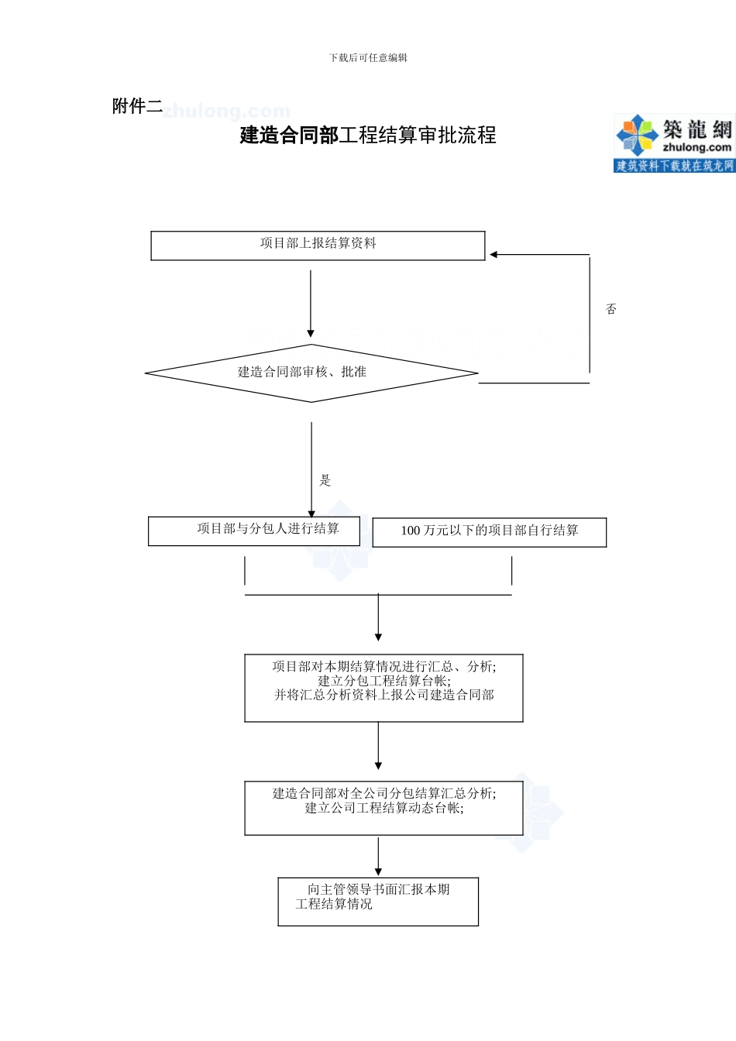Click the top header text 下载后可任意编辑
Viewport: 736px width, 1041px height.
(x=368, y=58)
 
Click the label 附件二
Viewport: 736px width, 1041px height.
(x=137, y=106)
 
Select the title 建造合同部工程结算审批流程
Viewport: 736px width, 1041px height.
(x=368, y=136)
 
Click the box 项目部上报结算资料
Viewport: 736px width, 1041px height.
(x=318, y=245)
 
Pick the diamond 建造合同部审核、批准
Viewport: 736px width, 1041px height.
(x=311, y=373)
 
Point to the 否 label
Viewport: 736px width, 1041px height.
(x=611, y=309)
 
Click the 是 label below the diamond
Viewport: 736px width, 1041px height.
(x=325, y=480)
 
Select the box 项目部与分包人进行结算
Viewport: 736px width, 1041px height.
(x=254, y=531)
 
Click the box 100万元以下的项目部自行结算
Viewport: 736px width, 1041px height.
(x=490, y=532)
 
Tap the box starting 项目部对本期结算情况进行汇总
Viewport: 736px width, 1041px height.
(x=383, y=688)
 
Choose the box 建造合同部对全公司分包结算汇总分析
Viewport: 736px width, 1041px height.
(x=383, y=807)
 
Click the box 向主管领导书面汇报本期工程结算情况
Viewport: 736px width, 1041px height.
(x=378, y=901)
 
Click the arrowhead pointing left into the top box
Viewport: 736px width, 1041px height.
(x=494, y=254)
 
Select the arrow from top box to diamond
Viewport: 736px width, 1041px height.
(x=311, y=302)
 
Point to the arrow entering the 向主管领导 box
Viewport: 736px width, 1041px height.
(x=378, y=857)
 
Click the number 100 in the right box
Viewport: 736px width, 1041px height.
(x=411, y=531)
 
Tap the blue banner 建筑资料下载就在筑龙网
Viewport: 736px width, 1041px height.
(x=674, y=166)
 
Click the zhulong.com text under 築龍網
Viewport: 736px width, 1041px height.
(x=696, y=147)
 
